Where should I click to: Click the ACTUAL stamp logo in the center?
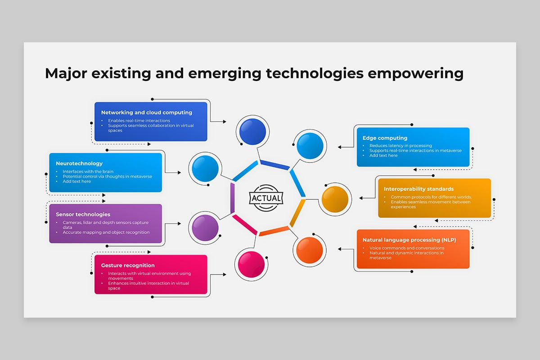point(266,198)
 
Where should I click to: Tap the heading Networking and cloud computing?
point(147,112)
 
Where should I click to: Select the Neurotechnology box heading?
point(79,163)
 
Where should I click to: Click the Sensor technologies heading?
point(83,214)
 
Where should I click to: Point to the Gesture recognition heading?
point(128,265)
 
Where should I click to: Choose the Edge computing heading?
point(385,138)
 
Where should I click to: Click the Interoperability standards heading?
point(419,189)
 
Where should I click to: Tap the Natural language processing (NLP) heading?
point(409,240)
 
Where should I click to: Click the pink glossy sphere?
point(251,265)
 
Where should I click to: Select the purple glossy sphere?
point(205,228)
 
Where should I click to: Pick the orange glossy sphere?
point(310,250)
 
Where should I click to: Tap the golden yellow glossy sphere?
point(335,199)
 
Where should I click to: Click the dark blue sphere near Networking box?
point(252,132)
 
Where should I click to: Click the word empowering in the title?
point(416,73)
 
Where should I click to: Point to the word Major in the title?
point(66,73)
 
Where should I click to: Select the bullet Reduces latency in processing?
point(400,146)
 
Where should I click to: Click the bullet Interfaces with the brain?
point(88,171)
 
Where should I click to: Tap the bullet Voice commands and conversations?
point(407,248)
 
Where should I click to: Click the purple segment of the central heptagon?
point(232,198)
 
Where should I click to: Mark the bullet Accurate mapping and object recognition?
point(106,233)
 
